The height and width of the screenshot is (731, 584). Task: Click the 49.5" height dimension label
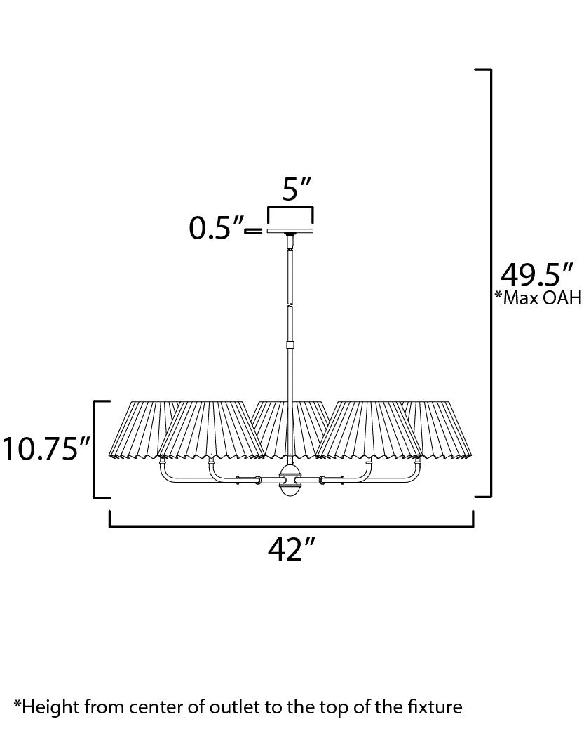pos(536,274)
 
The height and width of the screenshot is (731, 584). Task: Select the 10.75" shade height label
pos(46,448)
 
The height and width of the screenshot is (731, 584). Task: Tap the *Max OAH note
pos(538,297)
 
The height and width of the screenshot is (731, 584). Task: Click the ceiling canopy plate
pos(290,231)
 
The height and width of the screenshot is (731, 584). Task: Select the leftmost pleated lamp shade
pos(144,429)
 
